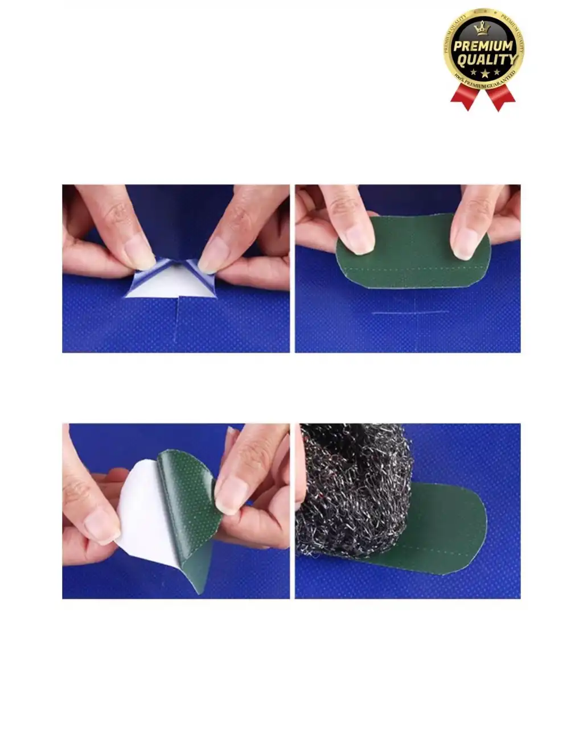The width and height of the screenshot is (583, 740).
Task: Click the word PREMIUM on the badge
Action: coord(483,46)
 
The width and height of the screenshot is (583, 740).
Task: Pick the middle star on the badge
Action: coord(483,74)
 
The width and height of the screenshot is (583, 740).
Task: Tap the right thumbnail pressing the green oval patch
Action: coord(465,241)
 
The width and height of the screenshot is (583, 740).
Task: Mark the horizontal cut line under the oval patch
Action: coord(407,313)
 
